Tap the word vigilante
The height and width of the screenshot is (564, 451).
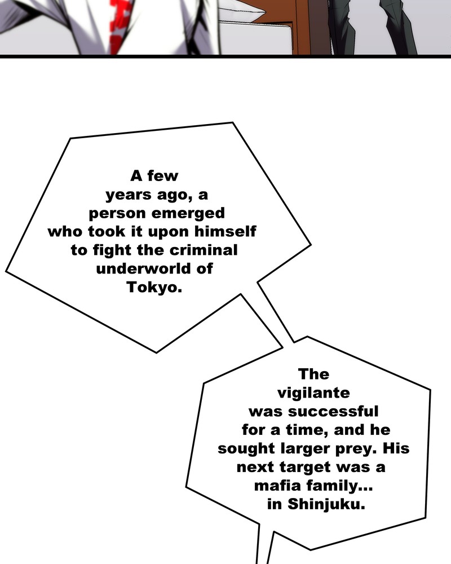tap(313, 393)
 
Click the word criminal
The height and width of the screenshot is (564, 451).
tap(203, 250)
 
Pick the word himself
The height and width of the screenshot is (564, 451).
tap(225, 231)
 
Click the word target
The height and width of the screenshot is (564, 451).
tap(305, 467)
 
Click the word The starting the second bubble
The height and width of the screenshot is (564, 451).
tap(313, 374)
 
